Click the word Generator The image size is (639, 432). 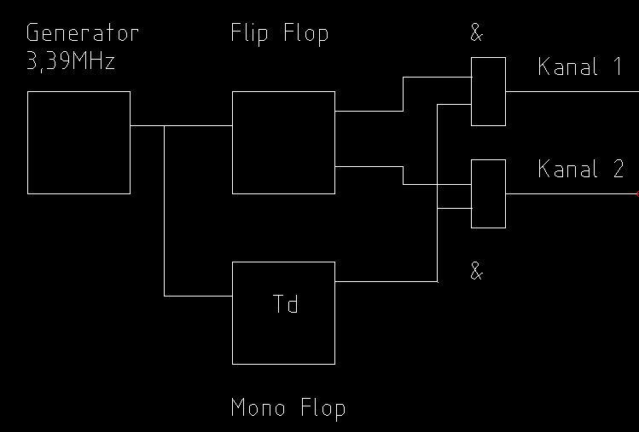point(82,34)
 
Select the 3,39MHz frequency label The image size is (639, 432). point(72,61)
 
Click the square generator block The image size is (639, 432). point(78,142)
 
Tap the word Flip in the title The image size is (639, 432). point(248,34)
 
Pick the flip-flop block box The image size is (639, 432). point(283,142)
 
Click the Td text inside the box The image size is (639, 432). point(286,304)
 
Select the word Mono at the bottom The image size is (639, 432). point(259,408)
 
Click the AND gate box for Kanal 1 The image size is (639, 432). point(488,91)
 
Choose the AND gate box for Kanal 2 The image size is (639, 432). point(488,193)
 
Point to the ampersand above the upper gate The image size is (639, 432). point(476,34)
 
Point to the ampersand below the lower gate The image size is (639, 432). point(476,272)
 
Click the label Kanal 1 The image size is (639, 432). point(580,66)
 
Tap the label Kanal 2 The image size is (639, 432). point(580,169)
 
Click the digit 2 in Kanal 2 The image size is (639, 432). point(617,169)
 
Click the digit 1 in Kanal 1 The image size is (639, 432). point(617,66)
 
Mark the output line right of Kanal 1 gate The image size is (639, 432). point(572,91)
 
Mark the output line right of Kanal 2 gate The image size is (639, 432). point(572,194)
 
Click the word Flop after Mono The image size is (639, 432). point(322,408)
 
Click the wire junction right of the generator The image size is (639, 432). point(164,125)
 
